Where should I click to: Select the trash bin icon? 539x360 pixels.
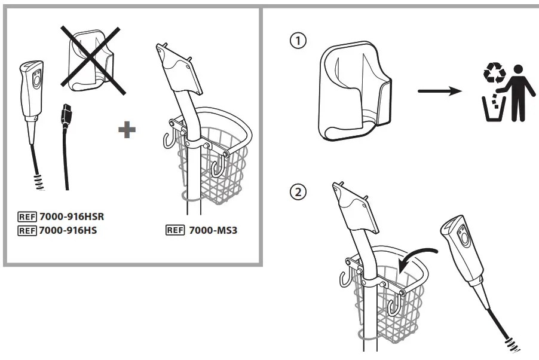(x=494, y=107)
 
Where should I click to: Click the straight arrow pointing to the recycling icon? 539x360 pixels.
(x=439, y=91)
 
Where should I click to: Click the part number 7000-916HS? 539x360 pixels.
(x=69, y=230)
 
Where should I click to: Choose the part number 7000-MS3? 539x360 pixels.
(x=213, y=229)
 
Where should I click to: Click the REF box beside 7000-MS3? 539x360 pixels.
(x=175, y=229)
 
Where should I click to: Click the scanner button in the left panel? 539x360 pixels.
(x=36, y=78)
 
